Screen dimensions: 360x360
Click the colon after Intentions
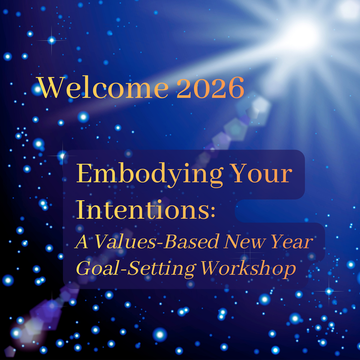tap(212, 214)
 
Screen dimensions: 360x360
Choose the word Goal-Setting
tap(135, 269)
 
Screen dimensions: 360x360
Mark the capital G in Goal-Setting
tap(84, 269)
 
